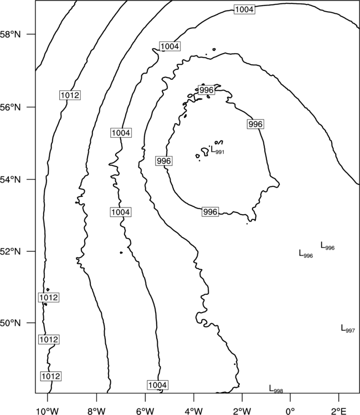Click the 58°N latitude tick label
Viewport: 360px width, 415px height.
(x=11, y=34)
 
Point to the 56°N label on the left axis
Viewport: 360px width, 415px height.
(x=11, y=107)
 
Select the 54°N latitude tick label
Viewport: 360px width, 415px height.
(x=11, y=179)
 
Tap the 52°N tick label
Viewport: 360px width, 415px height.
(x=11, y=251)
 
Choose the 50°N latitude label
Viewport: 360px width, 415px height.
(x=11, y=323)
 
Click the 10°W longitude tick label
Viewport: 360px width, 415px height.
(x=48, y=411)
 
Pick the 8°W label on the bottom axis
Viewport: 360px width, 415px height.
(x=96, y=411)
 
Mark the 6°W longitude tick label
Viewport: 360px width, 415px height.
(x=145, y=411)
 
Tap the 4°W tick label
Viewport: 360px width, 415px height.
(x=193, y=411)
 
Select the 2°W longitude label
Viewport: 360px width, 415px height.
(x=242, y=411)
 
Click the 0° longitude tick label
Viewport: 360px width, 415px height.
(x=290, y=411)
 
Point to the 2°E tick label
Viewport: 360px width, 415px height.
(x=339, y=411)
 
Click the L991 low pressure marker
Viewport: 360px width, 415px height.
(x=218, y=151)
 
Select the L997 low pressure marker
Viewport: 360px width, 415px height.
(x=348, y=329)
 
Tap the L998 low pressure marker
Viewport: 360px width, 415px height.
(x=276, y=389)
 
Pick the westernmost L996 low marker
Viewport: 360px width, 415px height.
(x=306, y=254)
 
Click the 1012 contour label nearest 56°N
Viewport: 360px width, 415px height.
(x=69, y=95)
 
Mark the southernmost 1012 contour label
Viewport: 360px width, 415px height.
(x=50, y=376)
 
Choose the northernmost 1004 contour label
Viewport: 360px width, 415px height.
(x=244, y=9)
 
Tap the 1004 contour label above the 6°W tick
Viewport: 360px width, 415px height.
(x=158, y=385)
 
